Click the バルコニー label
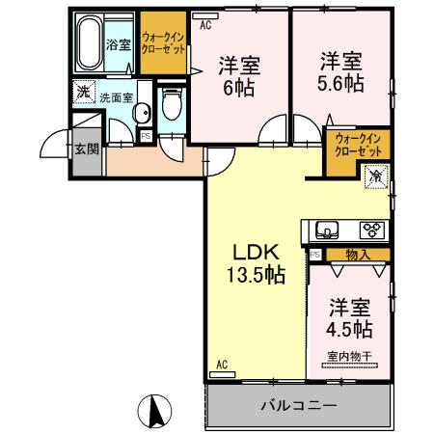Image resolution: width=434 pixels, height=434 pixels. (x=298, y=406)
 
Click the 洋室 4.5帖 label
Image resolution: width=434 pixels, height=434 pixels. (x=350, y=319)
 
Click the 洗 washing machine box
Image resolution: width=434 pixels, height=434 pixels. (x=83, y=94)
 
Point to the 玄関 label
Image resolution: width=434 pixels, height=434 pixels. (x=86, y=149)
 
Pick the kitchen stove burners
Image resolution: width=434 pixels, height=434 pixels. (x=371, y=230)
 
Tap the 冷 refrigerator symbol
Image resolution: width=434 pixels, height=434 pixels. (x=377, y=175)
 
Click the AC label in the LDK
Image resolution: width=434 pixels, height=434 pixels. (x=220, y=365)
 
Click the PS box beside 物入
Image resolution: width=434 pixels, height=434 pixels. (x=315, y=255)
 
